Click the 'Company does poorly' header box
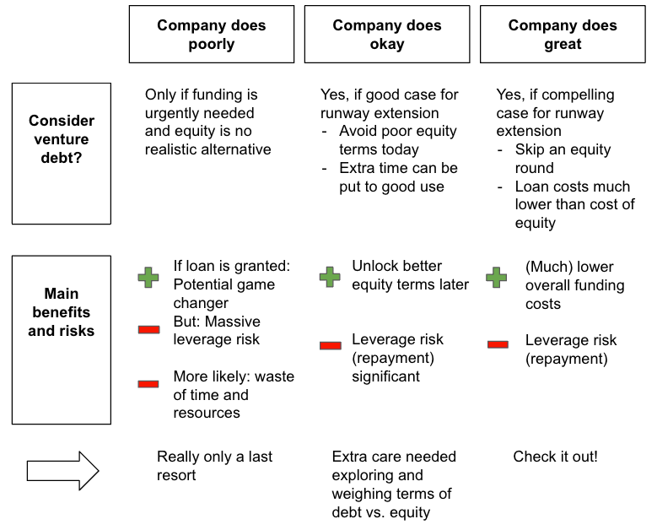pyautogui.click(x=211, y=35)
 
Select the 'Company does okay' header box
pyautogui.click(x=386, y=35)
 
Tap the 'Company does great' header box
pyautogui.click(x=562, y=35)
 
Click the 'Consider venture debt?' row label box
pyautogui.click(x=62, y=154)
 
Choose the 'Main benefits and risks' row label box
pyautogui.click(x=62, y=340)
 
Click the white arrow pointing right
pyautogui.click(x=63, y=471)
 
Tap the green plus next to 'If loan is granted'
pyautogui.click(x=149, y=277)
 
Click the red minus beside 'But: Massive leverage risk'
pyautogui.click(x=149, y=329)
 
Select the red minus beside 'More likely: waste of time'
pyautogui.click(x=149, y=384)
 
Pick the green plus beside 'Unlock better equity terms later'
pyautogui.click(x=330, y=277)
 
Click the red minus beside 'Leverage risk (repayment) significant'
pyautogui.click(x=330, y=345)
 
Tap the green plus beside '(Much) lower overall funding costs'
pyautogui.click(x=498, y=277)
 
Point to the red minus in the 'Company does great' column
pyautogui.click(x=498, y=344)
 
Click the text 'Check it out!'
pyautogui.click(x=555, y=457)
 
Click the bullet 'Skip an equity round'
pyautogui.click(x=563, y=159)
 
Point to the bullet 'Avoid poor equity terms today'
pyautogui.click(x=397, y=140)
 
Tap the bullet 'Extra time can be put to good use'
pyautogui.click(x=398, y=177)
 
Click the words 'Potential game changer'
pyautogui.click(x=224, y=294)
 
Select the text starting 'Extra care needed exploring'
pyautogui.click(x=394, y=484)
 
